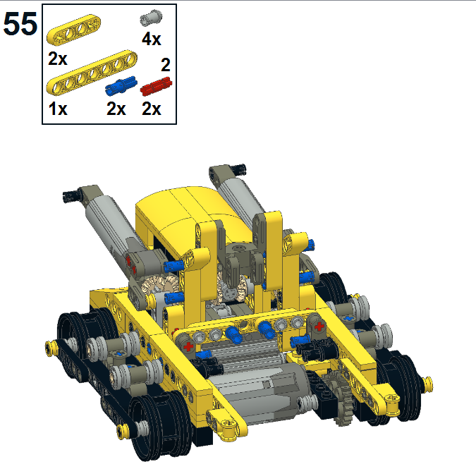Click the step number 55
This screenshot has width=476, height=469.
point(20,24)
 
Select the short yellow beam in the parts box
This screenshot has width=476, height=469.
point(74,30)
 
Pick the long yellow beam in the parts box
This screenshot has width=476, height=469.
point(92,72)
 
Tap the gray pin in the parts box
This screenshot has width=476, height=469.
point(151,18)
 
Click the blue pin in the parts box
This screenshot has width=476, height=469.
point(121,85)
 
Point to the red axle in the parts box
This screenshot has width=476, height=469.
point(156,86)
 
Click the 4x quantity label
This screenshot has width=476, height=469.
point(152,39)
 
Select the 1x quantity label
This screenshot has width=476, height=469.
point(58,109)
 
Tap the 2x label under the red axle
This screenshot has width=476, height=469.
point(151,109)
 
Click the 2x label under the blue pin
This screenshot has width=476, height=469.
point(116,109)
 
